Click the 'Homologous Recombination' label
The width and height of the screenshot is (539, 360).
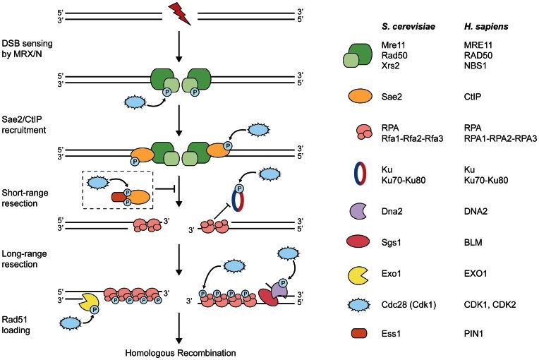tap(175, 351)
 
